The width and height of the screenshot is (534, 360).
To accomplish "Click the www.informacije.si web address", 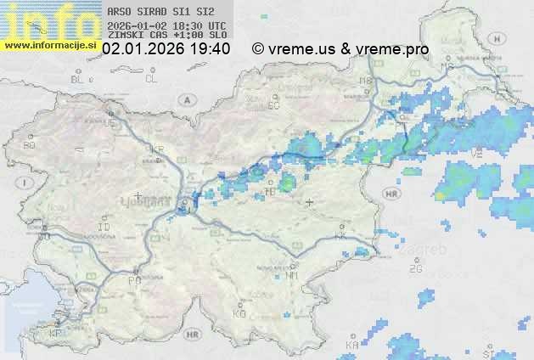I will [51, 44].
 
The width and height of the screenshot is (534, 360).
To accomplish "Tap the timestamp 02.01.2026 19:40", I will [166, 49].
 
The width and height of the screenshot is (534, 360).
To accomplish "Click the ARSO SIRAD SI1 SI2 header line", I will [161, 13].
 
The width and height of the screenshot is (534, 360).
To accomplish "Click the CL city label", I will [151, 79].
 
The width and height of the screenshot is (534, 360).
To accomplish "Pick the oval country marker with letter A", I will [185, 99].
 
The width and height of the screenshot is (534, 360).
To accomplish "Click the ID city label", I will [104, 228].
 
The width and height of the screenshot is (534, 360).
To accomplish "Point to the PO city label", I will [133, 280].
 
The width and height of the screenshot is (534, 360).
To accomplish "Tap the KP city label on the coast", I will [55, 334].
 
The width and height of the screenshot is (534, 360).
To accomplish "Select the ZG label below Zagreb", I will [415, 269].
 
